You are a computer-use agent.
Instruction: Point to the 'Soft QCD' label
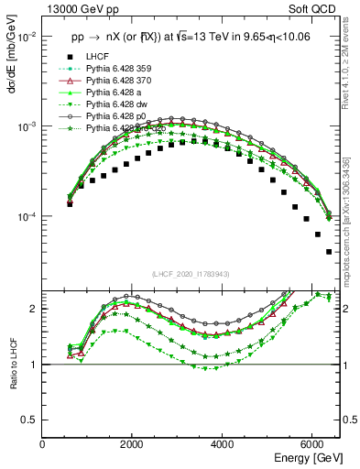click(318, 10)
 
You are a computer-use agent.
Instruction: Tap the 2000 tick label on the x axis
click(133, 443)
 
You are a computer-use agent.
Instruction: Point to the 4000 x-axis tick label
click(223, 443)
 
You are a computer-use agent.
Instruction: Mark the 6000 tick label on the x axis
click(312, 443)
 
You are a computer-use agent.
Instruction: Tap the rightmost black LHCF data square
click(329, 251)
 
